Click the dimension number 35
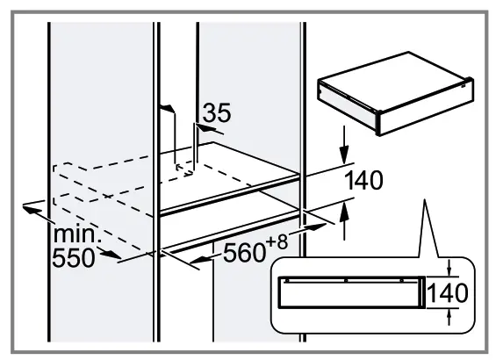(x=216, y=113)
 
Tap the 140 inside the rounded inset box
(x=448, y=290)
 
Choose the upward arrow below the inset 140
(x=449, y=315)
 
